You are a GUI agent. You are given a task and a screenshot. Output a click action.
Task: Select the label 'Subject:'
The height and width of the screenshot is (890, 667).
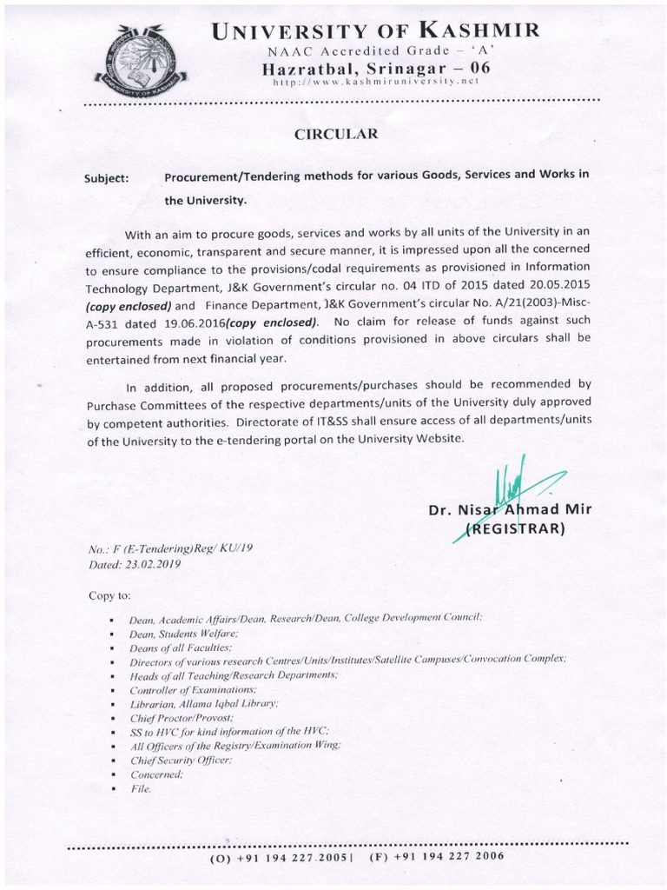point(106,178)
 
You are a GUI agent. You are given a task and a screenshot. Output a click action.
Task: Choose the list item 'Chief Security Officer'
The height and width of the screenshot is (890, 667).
point(181,760)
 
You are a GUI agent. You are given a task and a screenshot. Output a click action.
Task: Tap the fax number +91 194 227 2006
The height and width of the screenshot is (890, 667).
point(437,855)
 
